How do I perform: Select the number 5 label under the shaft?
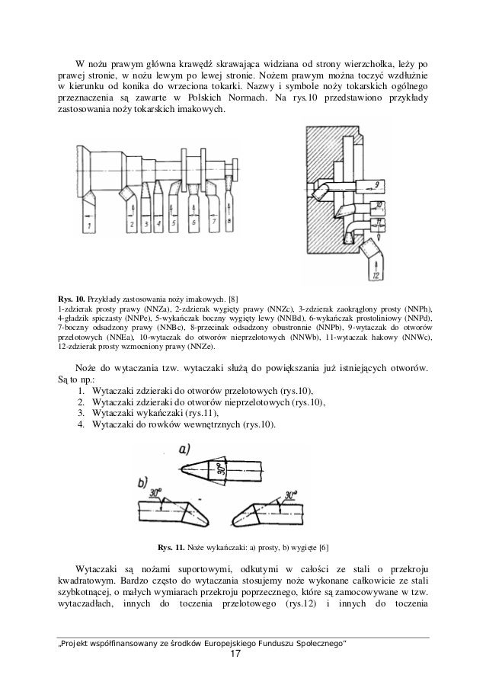(172, 223)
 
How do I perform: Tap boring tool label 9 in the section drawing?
(379, 185)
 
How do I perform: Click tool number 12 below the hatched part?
(376, 273)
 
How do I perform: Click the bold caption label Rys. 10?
(72, 298)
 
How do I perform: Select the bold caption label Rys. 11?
(171, 547)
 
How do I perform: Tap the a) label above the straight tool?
(184, 450)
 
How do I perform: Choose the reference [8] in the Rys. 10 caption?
(232, 298)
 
